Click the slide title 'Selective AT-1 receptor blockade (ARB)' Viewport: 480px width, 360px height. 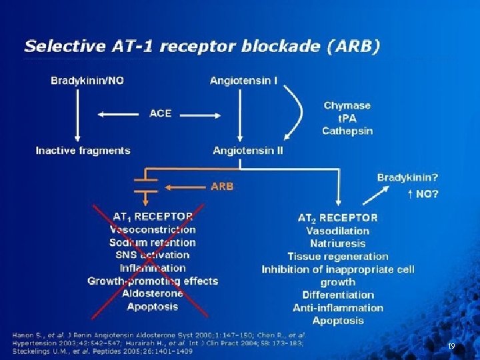click(x=202, y=46)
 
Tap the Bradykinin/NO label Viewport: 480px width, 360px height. click(x=87, y=81)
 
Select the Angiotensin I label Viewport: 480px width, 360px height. click(x=244, y=81)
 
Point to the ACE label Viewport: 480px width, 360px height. click(x=161, y=113)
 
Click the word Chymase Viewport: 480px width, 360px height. click(x=347, y=105)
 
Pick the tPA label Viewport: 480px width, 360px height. click(x=347, y=118)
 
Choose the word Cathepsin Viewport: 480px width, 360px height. click(x=347, y=131)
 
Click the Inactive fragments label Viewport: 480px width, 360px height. click(x=83, y=150)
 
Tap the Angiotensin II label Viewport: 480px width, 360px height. click(x=248, y=150)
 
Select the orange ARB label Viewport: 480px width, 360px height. click(x=222, y=187)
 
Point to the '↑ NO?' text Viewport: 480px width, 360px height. click(x=422, y=195)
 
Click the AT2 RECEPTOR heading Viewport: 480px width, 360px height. click(x=337, y=217)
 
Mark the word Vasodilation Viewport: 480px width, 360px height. click(x=338, y=231)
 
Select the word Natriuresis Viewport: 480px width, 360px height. click(x=338, y=243)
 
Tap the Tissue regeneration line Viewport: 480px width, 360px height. click(x=338, y=256)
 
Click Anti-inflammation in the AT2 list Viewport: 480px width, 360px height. click(x=338, y=307)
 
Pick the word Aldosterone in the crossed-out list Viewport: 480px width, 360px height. click(x=153, y=293)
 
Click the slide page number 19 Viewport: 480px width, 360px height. click(x=451, y=346)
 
